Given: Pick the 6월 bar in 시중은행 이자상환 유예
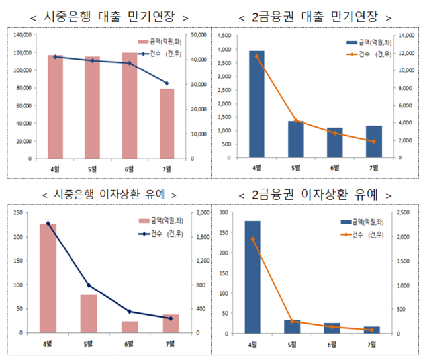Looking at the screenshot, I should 130,327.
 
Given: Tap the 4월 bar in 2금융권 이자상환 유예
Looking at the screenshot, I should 252,277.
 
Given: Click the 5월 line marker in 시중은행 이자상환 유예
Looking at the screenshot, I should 89,285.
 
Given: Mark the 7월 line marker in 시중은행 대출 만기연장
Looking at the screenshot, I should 166,83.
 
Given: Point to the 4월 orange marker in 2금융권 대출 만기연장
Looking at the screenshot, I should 256,56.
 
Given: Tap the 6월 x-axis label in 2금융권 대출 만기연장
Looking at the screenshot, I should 334,167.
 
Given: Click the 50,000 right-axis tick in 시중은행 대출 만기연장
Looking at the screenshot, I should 200,34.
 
